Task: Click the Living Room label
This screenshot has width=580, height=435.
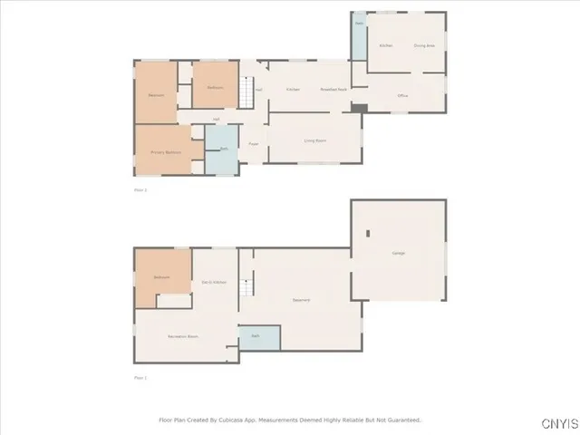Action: click(x=314, y=140)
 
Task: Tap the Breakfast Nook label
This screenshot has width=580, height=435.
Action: click(x=333, y=89)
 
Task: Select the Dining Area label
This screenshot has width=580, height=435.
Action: click(x=424, y=44)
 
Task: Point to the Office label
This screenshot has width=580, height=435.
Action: click(x=402, y=95)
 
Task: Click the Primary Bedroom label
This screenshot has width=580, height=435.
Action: click(x=166, y=152)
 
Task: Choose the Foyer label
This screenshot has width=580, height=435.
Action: click(x=254, y=144)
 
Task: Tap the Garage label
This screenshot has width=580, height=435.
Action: click(x=399, y=253)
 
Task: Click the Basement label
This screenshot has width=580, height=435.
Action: click(x=302, y=300)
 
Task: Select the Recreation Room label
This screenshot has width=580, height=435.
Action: click(x=183, y=336)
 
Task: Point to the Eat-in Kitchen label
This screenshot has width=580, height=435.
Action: click(x=214, y=283)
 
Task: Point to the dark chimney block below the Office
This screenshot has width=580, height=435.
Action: click(x=359, y=108)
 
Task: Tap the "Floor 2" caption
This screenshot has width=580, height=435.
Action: click(x=140, y=189)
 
